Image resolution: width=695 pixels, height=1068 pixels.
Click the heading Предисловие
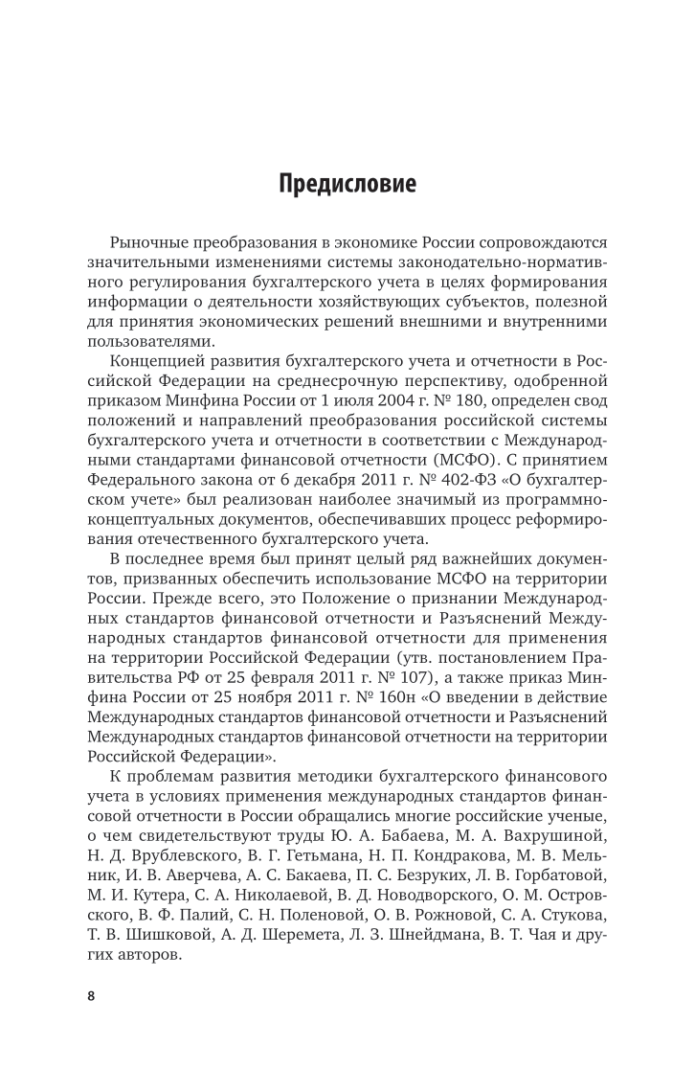347,183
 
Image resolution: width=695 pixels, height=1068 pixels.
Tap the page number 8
92,969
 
